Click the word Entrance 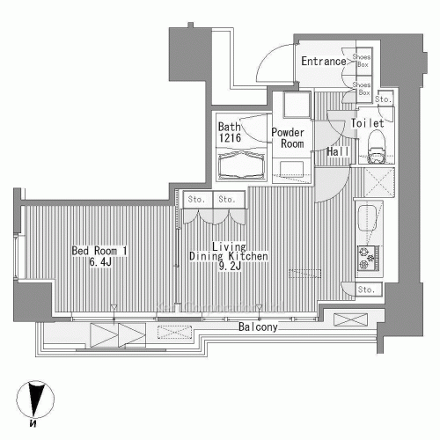click(322, 62)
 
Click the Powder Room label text click(287, 138)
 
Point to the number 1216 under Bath click(230, 138)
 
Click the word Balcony click(258, 327)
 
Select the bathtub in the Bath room click(240, 164)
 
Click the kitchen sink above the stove click(367, 218)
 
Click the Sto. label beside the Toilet click(382, 99)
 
